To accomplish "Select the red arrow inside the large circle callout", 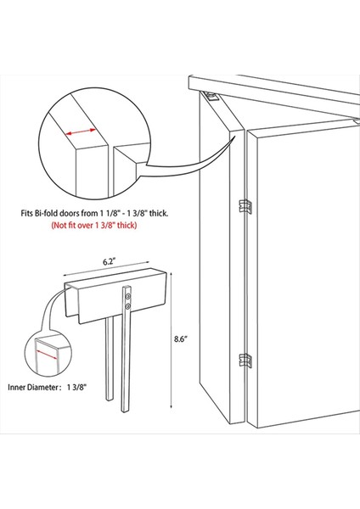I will [x=82, y=131].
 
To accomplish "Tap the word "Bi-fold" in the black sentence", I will [x=76, y=215].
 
